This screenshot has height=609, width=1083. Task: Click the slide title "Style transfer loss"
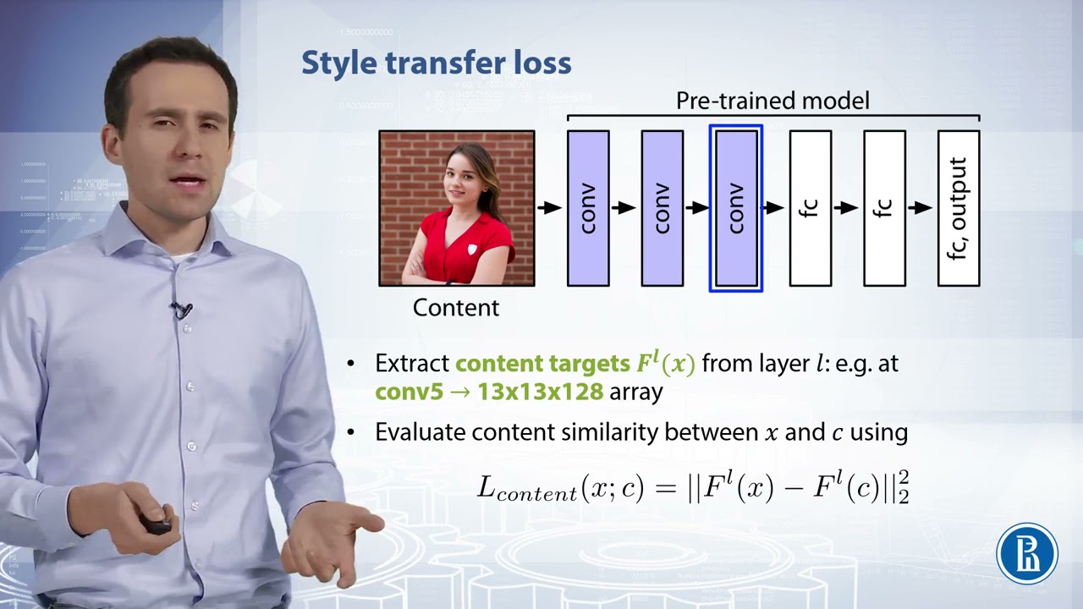(437, 63)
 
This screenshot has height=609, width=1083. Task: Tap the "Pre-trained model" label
(772, 101)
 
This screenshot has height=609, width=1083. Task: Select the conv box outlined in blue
(736, 208)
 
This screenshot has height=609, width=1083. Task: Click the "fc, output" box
(959, 208)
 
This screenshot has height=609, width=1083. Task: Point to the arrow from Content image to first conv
(550, 207)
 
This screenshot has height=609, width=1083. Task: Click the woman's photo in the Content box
(457, 208)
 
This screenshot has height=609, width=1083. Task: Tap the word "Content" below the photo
(455, 308)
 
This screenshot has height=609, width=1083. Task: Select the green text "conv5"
(410, 392)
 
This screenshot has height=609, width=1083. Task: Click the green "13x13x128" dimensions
(540, 392)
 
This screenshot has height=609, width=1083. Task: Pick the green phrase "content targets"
(542, 364)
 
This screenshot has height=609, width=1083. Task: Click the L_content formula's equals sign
(666, 488)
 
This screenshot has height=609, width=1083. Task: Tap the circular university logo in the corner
(1027, 554)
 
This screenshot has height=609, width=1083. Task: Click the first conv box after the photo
(588, 208)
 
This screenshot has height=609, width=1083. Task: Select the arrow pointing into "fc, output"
(921, 207)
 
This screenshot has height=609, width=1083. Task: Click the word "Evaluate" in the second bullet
(420, 432)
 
